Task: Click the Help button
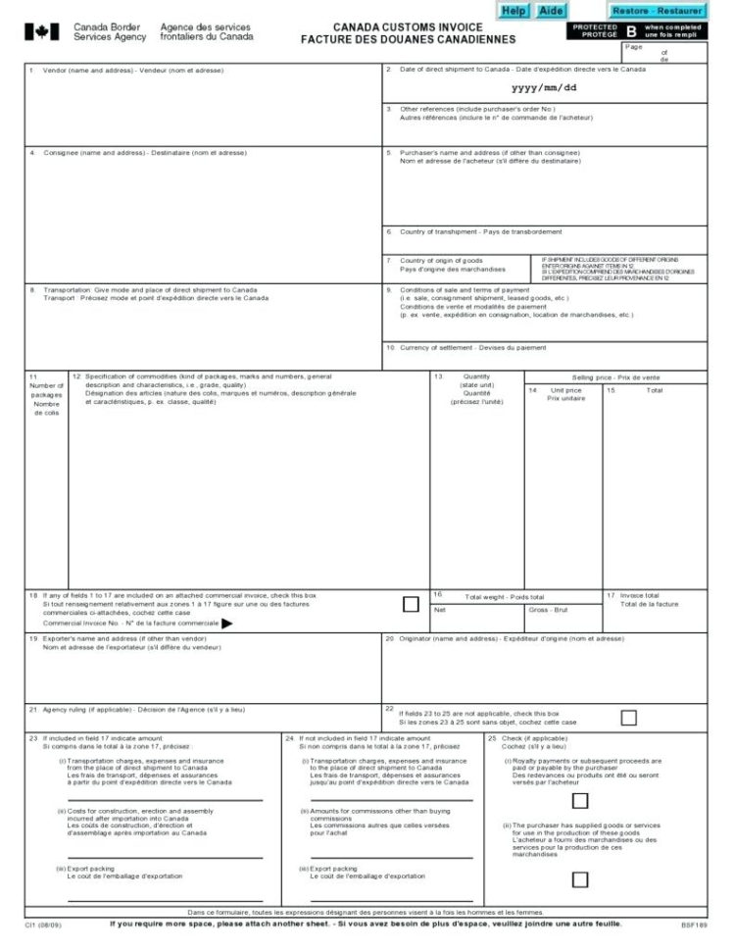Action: pos(514,10)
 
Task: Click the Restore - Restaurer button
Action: pos(657,10)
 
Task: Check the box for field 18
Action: pos(411,604)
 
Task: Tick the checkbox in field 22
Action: pos(628,718)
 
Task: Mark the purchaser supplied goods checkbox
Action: pos(580,879)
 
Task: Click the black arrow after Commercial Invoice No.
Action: pos(226,623)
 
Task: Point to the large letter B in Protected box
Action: pos(631,31)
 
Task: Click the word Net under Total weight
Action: pos(440,609)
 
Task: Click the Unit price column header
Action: pos(564,394)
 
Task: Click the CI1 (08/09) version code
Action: pos(41,926)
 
